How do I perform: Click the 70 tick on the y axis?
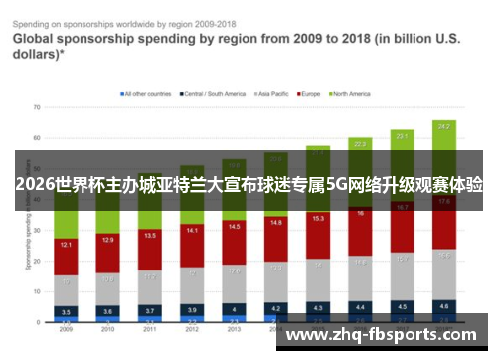click(36, 106)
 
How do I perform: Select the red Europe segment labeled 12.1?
click(65, 245)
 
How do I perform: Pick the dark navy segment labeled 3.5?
click(65, 311)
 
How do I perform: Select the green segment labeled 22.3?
click(360, 144)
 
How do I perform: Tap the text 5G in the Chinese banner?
click(339, 184)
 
